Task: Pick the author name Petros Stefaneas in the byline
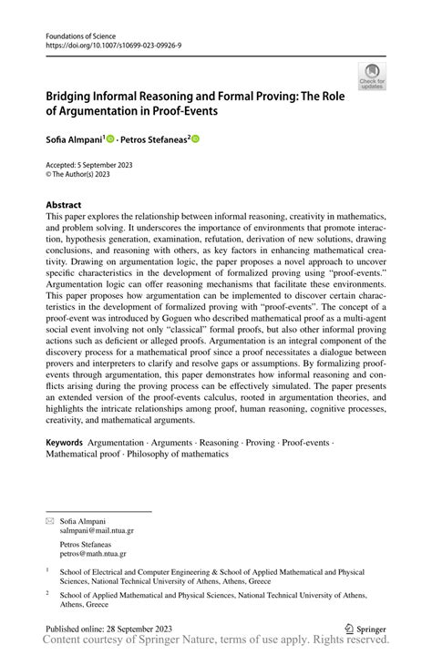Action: point(152,139)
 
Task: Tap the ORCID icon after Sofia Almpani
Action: point(110,139)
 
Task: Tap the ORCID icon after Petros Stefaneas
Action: point(194,139)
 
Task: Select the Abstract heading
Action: point(64,205)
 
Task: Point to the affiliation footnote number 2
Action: point(47,592)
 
